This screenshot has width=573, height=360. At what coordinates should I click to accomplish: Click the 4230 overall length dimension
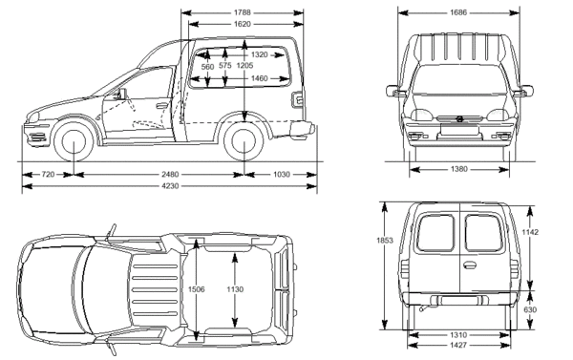click(x=170, y=186)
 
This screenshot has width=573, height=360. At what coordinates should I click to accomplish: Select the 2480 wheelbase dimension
click(x=170, y=175)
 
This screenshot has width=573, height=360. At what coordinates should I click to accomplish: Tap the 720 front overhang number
click(x=48, y=175)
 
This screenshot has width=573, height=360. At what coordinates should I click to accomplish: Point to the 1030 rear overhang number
click(x=282, y=175)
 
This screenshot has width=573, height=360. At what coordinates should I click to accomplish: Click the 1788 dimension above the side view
click(x=243, y=12)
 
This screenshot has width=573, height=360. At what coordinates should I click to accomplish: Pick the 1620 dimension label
click(x=243, y=24)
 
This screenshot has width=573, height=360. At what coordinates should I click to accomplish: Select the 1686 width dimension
click(x=458, y=12)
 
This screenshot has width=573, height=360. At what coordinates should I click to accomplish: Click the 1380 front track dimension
click(x=458, y=169)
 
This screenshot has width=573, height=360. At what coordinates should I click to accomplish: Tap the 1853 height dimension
click(x=385, y=240)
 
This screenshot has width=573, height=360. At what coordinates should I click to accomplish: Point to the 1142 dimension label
click(x=530, y=232)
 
